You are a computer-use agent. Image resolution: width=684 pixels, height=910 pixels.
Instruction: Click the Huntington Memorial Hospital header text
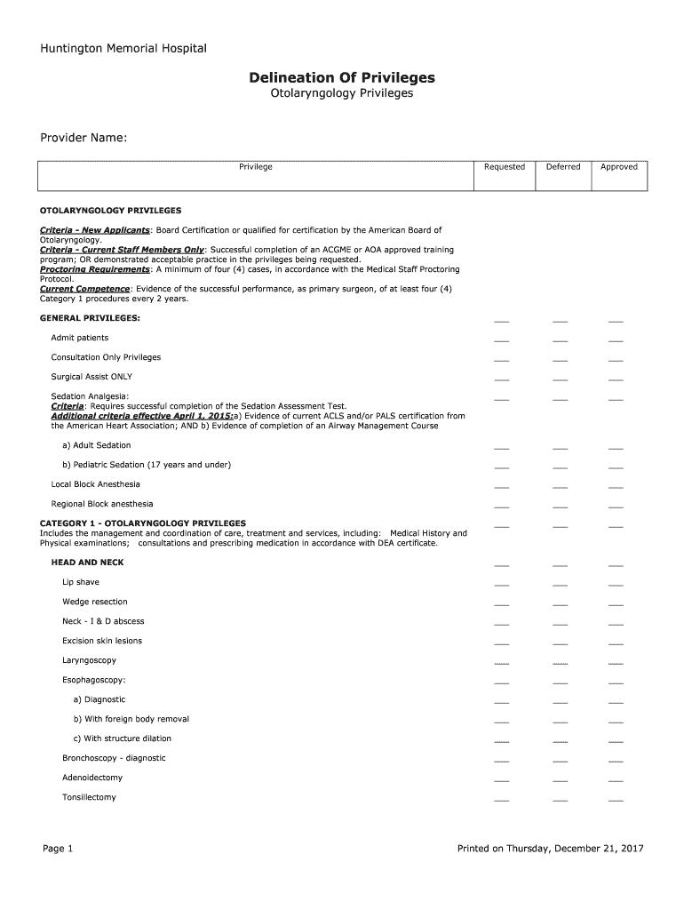point(123,48)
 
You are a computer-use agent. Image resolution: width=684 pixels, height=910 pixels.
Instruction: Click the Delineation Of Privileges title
point(342,78)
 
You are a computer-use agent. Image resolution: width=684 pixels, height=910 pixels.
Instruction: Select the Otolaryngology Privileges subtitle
point(342,93)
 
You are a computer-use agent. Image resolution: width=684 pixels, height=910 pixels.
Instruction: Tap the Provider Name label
point(84,138)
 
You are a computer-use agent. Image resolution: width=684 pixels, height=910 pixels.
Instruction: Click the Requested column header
point(504,167)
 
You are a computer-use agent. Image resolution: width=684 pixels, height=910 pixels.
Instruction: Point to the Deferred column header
point(563,167)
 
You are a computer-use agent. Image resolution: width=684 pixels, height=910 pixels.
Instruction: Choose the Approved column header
point(619,167)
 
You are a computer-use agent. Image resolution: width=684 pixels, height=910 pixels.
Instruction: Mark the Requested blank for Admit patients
point(502,340)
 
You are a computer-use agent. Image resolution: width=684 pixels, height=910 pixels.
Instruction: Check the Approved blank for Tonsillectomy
point(616,801)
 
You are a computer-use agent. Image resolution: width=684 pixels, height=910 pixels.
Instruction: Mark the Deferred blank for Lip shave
point(560,586)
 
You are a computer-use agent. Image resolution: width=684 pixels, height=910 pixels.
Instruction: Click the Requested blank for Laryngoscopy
point(502,664)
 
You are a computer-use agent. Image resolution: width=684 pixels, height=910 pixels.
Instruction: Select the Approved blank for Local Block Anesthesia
point(616,487)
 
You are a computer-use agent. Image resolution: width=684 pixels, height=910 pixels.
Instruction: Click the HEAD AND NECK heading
point(88,563)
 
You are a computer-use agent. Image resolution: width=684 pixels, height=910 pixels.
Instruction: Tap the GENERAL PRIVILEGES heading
point(90,318)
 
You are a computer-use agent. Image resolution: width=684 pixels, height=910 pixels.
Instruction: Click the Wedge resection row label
point(95,602)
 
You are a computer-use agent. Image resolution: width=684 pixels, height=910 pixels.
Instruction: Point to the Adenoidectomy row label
point(92,778)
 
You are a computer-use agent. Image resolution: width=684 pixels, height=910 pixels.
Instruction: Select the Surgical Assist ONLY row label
point(91,377)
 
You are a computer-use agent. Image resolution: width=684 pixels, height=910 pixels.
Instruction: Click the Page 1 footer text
point(58,849)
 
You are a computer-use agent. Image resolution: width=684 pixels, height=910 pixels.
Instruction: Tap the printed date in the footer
point(550,849)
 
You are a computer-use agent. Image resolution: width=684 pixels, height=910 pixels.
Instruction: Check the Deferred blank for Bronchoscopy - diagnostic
point(560,762)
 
